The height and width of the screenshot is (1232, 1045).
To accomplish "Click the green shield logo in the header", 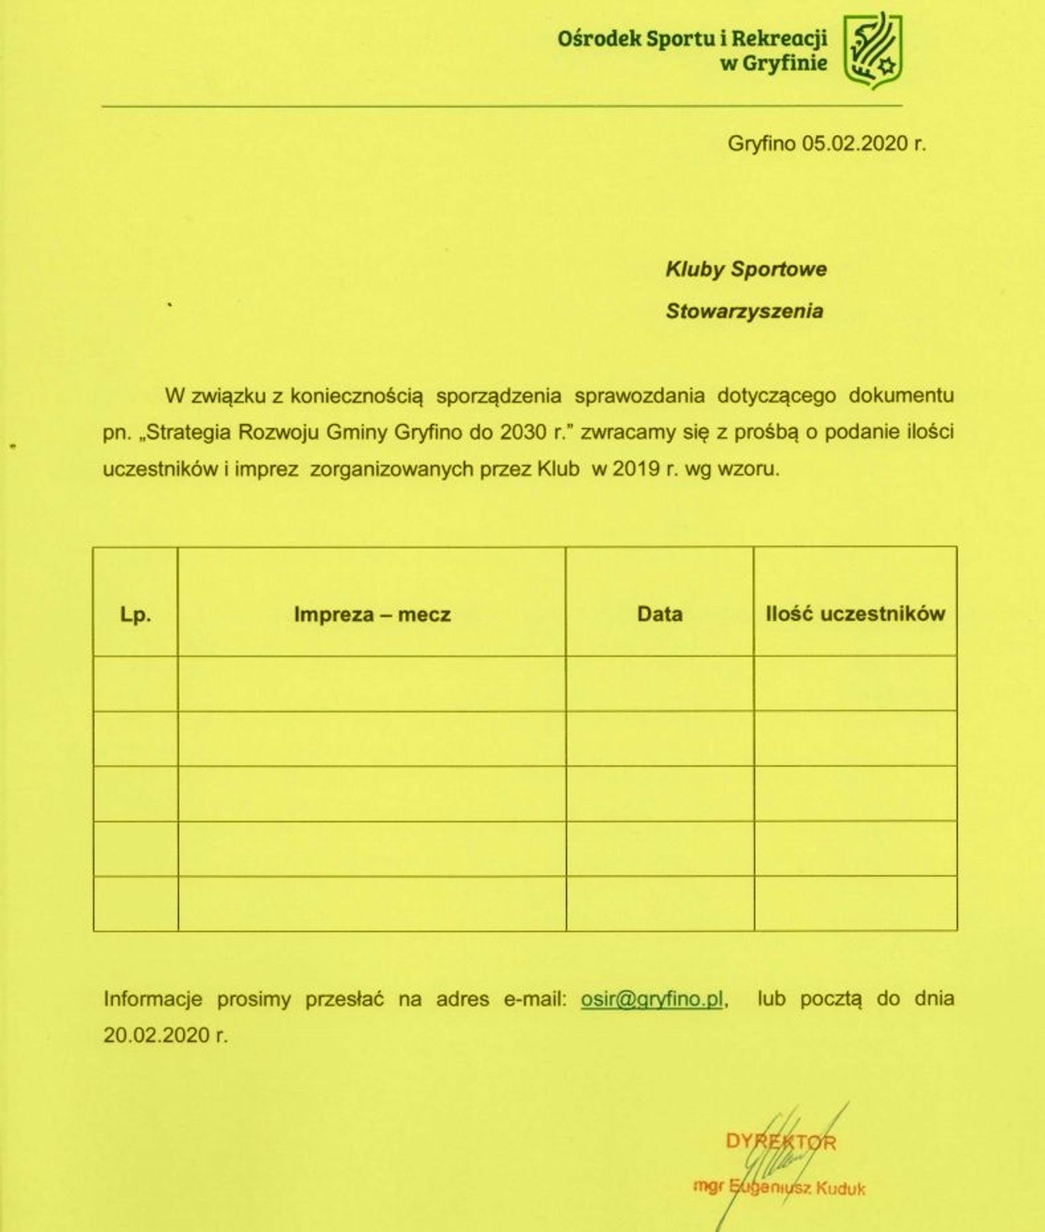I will tap(873, 51).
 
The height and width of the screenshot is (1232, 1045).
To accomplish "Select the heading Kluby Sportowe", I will tap(746, 269).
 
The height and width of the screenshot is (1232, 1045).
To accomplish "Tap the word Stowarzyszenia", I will tap(744, 311).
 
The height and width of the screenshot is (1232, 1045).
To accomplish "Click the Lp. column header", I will tap(135, 615).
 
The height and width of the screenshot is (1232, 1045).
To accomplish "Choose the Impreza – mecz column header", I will tap(372, 614).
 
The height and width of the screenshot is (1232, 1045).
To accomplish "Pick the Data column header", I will tap(660, 614).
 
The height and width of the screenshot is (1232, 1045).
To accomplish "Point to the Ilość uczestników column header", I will tap(855, 614).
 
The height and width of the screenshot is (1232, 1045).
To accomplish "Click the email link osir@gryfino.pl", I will tap(652, 999).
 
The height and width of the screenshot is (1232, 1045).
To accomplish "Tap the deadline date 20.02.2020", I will tap(157, 1035).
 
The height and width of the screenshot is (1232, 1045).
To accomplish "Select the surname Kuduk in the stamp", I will tap(839, 1188).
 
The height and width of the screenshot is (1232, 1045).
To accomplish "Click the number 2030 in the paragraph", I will tap(523, 433).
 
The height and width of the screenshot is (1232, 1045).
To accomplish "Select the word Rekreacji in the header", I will tap(779, 39).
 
